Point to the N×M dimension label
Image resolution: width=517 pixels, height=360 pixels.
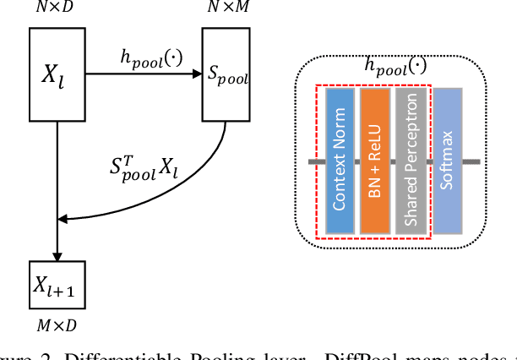click(x=226, y=8)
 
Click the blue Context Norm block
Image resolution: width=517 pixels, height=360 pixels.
click(x=339, y=161)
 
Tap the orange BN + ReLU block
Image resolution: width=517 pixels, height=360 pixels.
click(x=374, y=161)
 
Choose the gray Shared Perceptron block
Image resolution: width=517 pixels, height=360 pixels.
click(x=410, y=161)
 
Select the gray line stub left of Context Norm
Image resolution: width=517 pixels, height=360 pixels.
click(x=316, y=161)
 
